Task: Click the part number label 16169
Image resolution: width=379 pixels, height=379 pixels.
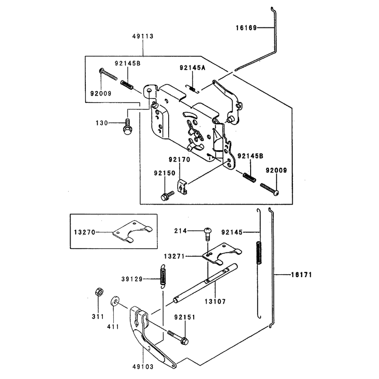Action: [246, 28]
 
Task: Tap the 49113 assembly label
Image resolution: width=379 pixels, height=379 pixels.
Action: [143, 36]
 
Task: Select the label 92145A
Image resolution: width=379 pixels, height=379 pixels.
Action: [192, 68]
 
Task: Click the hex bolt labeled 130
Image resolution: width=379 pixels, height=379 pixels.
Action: [127, 126]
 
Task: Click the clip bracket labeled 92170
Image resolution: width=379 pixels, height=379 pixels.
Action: [182, 186]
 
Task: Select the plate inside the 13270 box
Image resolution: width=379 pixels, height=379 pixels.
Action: [133, 231]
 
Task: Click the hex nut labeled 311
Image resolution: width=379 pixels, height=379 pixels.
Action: [99, 291]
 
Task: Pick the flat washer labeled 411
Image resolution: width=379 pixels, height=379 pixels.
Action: [115, 300]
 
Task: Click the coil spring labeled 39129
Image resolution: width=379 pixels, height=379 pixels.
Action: [163, 276]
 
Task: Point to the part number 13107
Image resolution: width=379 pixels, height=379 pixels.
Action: [215, 302]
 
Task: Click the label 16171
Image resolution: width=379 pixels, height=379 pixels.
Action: [301, 275]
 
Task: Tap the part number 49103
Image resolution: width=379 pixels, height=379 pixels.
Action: [143, 367]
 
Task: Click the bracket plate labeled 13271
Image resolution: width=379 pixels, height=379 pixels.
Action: [222, 253]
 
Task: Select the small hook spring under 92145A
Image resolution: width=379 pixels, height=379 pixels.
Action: [192, 89]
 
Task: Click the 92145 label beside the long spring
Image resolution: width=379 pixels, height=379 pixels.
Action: [232, 233]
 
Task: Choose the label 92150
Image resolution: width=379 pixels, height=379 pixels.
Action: [164, 173]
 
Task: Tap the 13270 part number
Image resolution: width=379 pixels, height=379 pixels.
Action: [85, 233]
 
